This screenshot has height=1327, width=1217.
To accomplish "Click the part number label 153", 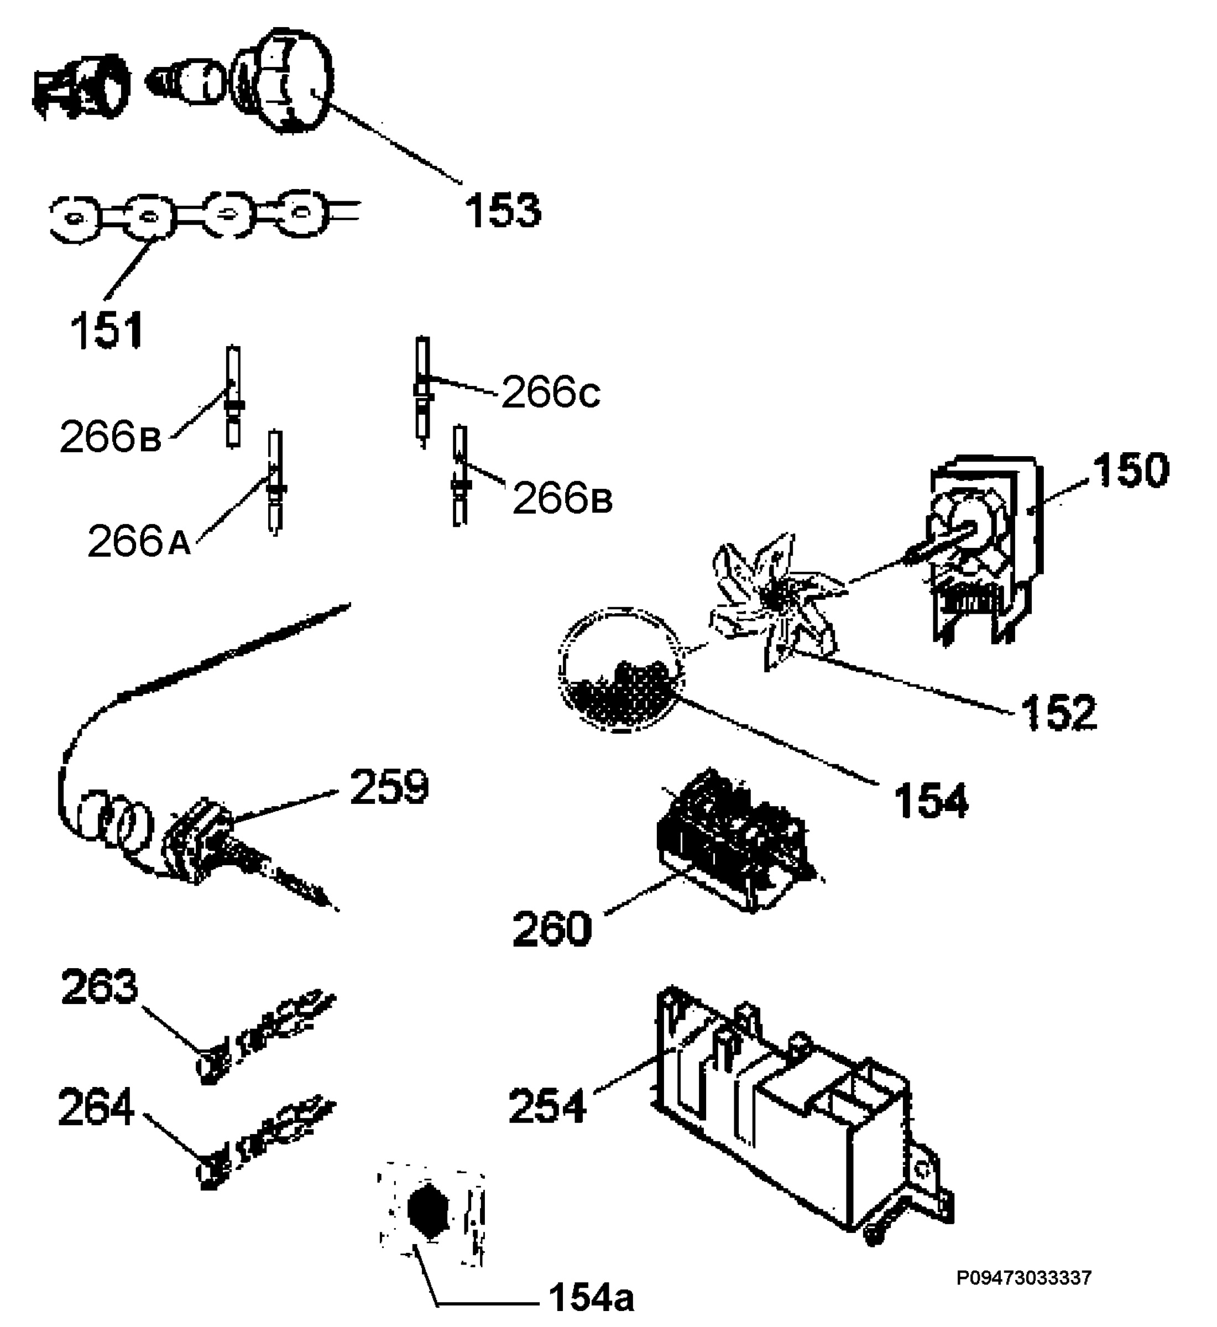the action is [503, 211].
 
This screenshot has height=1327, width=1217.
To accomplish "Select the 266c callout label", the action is [551, 393].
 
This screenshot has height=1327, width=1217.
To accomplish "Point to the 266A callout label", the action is [139, 541].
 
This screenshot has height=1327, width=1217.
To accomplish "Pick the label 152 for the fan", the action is [1059, 712].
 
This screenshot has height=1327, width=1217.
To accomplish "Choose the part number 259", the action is [389, 786].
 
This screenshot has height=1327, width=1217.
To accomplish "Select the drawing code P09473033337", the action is [1024, 1278].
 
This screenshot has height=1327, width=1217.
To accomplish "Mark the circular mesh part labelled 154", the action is [620, 670].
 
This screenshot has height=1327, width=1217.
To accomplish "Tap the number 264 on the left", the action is [97, 1109].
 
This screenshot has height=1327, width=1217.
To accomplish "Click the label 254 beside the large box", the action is [547, 1106].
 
